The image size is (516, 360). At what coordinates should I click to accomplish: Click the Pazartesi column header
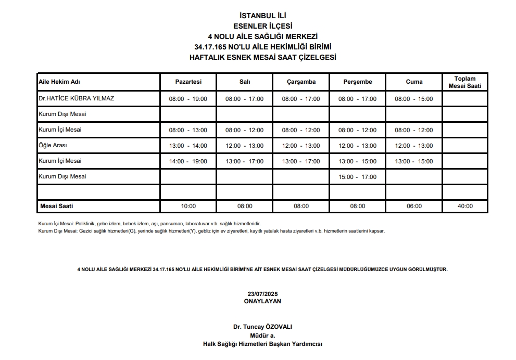(188, 82)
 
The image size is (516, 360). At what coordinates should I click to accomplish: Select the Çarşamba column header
(301, 82)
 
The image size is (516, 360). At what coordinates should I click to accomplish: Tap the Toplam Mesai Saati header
(465, 82)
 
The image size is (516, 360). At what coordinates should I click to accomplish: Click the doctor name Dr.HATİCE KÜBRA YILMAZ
(77, 98)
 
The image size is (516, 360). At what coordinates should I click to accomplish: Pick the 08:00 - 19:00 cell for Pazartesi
(188, 99)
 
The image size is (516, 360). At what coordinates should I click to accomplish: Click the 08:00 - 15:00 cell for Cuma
(414, 99)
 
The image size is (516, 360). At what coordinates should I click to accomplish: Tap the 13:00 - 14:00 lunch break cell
(188, 146)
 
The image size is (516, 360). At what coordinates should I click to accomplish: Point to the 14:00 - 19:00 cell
(188, 161)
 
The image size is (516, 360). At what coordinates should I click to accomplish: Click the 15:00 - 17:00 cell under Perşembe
(357, 177)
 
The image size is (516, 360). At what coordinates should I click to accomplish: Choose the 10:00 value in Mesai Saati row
(188, 206)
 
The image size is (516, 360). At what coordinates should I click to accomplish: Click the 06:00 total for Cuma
(414, 206)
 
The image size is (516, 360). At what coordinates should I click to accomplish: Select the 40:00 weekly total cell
(465, 206)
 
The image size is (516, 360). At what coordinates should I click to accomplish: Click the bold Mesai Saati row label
(57, 206)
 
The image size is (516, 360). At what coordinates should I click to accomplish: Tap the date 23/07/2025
(262, 294)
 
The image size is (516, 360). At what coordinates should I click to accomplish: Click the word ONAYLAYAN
(262, 301)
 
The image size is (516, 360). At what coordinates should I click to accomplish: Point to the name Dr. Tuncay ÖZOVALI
(262, 327)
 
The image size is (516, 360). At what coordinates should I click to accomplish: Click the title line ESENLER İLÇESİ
(262, 26)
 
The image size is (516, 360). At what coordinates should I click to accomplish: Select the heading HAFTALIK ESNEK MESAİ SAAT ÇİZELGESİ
(262, 57)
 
